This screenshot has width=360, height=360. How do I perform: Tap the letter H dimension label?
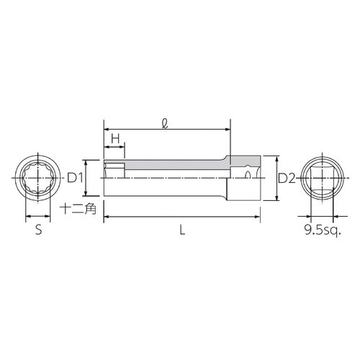(114, 139)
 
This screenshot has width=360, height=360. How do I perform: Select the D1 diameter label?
(76, 177)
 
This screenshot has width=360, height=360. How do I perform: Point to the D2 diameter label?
(287, 177)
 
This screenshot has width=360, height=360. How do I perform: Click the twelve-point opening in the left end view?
(40, 178)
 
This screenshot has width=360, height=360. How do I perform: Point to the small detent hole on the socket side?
(248, 174)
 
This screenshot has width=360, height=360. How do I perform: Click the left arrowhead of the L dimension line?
(107, 216)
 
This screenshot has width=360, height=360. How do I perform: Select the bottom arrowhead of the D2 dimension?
(276, 199)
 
